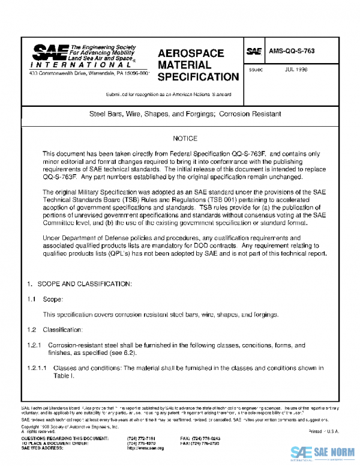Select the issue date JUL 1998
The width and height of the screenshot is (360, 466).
click(x=296, y=69)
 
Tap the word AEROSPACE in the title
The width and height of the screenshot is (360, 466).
click(x=190, y=53)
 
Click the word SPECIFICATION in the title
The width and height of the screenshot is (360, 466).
click(x=198, y=77)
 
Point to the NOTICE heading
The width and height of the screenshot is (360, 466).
click(x=185, y=139)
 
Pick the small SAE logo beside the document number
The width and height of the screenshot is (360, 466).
click(x=254, y=52)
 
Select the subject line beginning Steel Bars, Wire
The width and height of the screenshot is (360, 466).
click(x=185, y=113)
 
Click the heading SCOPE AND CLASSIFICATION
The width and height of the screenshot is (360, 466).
click(x=80, y=282)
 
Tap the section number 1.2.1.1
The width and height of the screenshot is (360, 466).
click(x=37, y=368)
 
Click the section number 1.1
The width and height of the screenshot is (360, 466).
click(x=31, y=298)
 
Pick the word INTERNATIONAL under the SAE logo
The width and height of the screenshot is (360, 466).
click(x=59, y=64)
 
